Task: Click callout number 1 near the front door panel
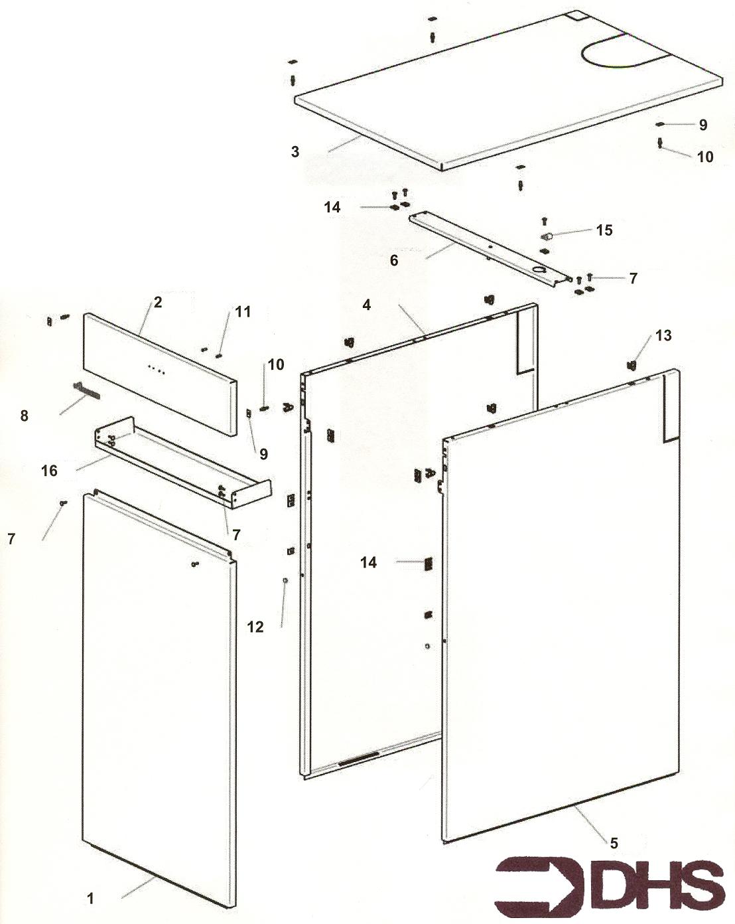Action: pyautogui.click(x=90, y=899)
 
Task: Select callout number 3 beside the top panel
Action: pyautogui.click(x=295, y=151)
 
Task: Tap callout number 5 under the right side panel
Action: pyautogui.click(x=614, y=842)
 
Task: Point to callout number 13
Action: pyautogui.click(x=663, y=335)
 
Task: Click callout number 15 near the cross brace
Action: pyautogui.click(x=604, y=230)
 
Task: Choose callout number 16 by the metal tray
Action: pyautogui.click(x=49, y=471)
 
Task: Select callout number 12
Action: pyautogui.click(x=255, y=627)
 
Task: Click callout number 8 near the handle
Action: pyautogui.click(x=25, y=416)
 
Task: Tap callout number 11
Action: pyautogui.click(x=243, y=311)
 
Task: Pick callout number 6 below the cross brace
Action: pyautogui.click(x=394, y=260)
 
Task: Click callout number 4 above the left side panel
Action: pyautogui.click(x=366, y=305)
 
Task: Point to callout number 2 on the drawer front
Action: pyautogui.click(x=158, y=302)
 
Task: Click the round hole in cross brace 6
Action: pyautogui.click(x=539, y=270)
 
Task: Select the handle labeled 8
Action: pyautogui.click(x=86, y=391)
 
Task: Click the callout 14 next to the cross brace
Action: pyautogui.click(x=332, y=207)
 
